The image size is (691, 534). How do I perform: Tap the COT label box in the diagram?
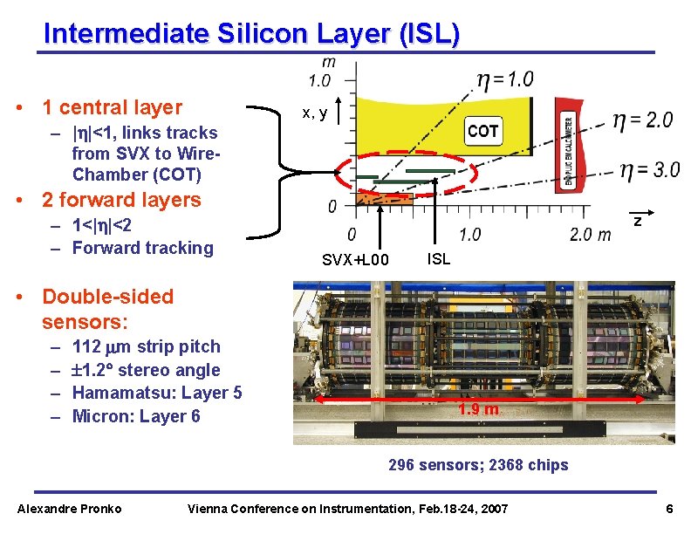pyautogui.click(x=482, y=131)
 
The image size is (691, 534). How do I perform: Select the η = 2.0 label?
pyautogui.click(x=642, y=120)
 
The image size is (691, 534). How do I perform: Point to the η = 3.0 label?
pyautogui.click(x=649, y=169)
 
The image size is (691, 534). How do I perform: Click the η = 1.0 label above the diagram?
pyautogui.click(x=504, y=79)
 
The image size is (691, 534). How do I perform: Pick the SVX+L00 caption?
pyautogui.click(x=355, y=259)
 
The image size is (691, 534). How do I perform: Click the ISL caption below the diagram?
pyautogui.click(x=439, y=258)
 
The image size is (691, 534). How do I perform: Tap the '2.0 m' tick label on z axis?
pyautogui.click(x=591, y=234)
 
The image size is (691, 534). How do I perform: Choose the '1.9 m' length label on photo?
pyautogui.click(x=479, y=409)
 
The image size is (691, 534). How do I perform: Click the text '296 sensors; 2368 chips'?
pyautogui.click(x=478, y=465)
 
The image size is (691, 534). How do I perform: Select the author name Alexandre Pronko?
pyautogui.click(x=70, y=509)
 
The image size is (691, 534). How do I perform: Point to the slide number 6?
pyautogui.click(x=668, y=509)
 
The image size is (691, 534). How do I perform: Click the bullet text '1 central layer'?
pyautogui.click(x=112, y=107)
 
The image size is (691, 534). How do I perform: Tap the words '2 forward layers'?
pyautogui.click(x=121, y=200)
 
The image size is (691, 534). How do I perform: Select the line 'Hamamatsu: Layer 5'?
pyautogui.click(x=157, y=393)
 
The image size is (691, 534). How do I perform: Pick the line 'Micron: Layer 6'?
pyautogui.click(x=136, y=416)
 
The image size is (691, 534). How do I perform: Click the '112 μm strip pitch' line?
pyautogui.click(x=147, y=346)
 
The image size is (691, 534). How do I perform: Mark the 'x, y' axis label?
pyautogui.click(x=314, y=113)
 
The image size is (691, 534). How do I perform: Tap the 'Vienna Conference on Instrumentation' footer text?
pyautogui.click(x=348, y=509)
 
